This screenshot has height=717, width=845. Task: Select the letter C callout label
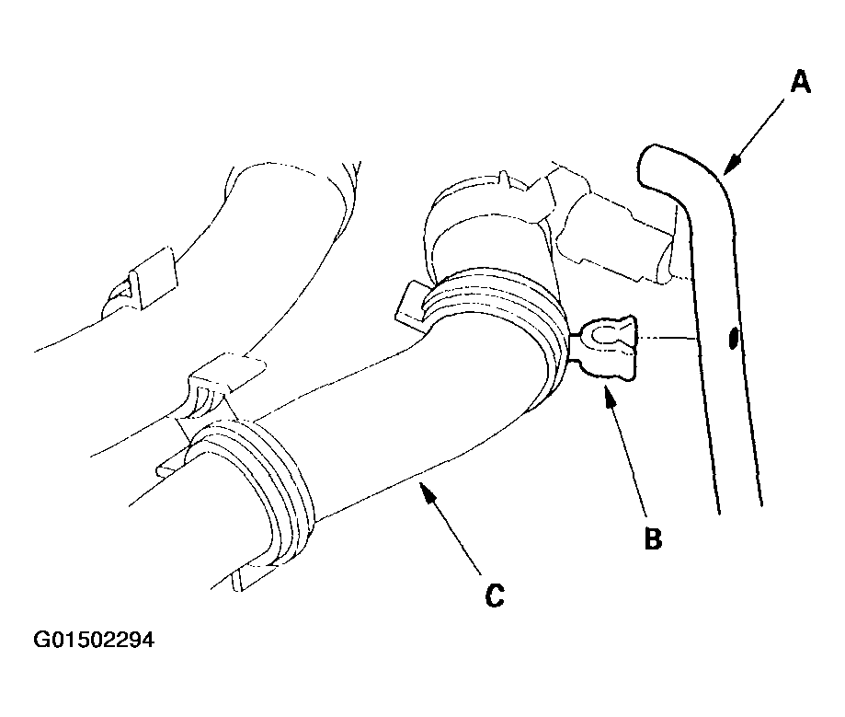pos(495,596)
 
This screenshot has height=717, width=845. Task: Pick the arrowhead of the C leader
pos(428,492)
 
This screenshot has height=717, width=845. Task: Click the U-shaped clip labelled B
pos(604,348)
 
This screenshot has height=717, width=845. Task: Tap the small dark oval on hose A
pos(733,339)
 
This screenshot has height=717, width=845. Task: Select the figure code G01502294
pos(94,640)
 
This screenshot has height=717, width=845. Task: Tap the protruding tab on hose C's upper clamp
pos(411,306)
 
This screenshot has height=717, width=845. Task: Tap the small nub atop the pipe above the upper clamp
pos(503,178)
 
